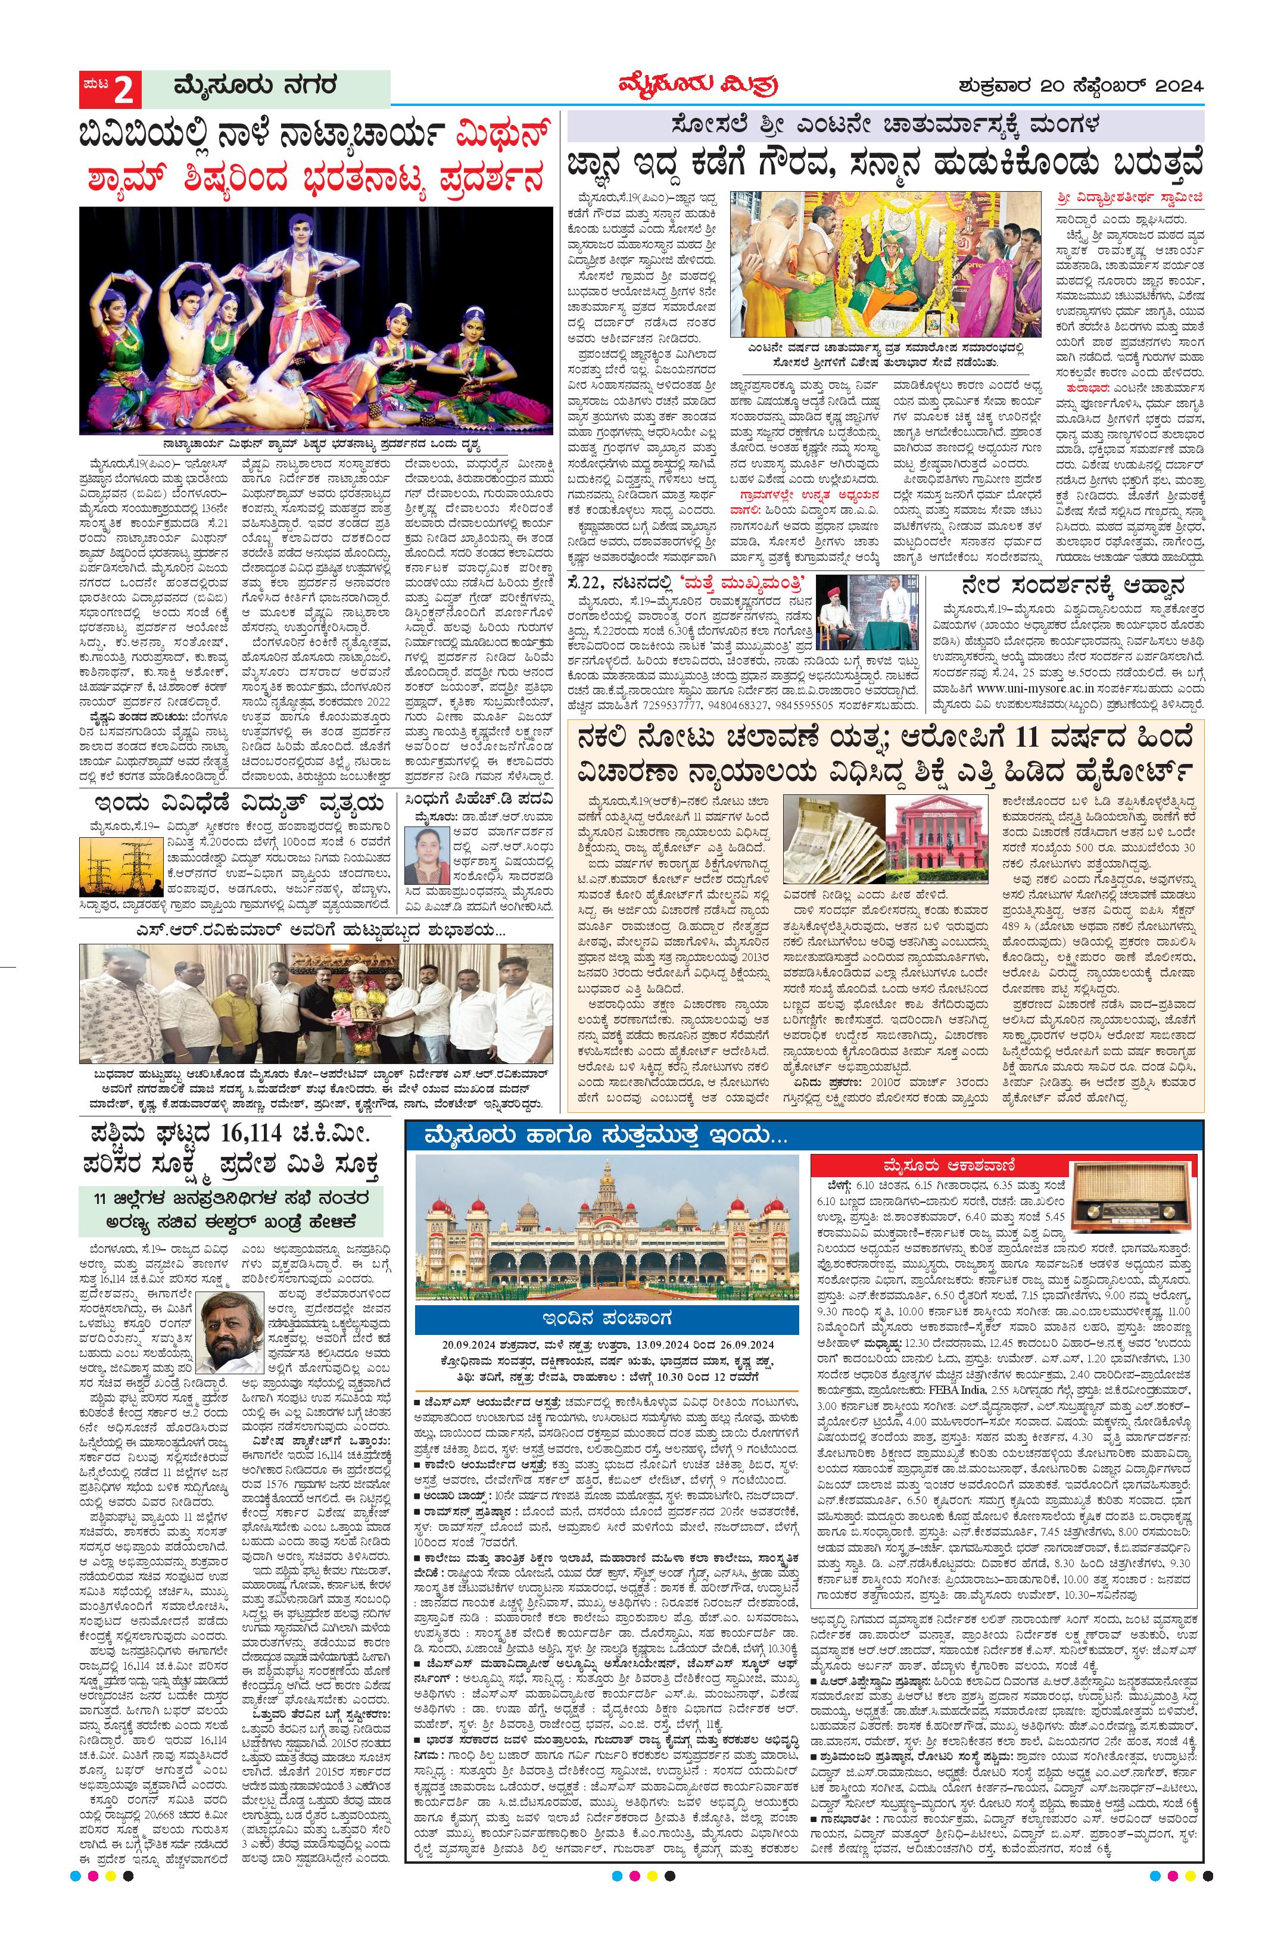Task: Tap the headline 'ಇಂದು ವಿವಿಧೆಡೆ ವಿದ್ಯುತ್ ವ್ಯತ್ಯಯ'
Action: pyautogui.click(x=238, y=800)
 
